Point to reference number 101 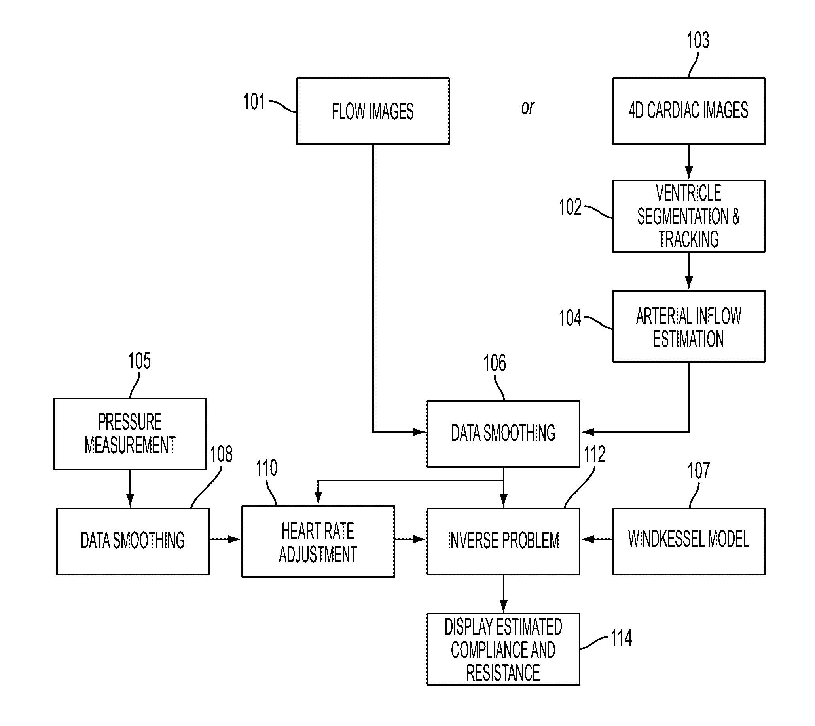[254, 101]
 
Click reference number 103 [698, 40]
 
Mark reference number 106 [495, 363]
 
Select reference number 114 [622, 638]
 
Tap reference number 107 [699, 471]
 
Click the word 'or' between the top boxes [528, 108]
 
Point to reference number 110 [267, 468]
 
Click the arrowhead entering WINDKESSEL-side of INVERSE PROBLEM [587, 539]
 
